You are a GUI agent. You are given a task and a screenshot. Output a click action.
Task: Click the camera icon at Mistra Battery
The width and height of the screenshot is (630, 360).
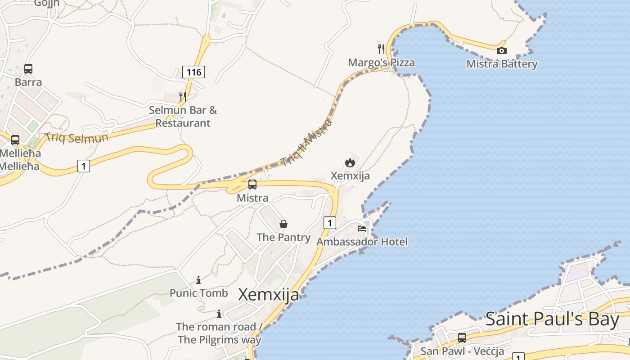[x=501, y=51]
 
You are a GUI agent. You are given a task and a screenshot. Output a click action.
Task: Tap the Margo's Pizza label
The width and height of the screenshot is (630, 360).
[x=381, y=63]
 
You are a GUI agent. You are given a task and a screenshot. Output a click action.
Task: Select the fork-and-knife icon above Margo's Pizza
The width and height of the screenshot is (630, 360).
[x=381, y=49]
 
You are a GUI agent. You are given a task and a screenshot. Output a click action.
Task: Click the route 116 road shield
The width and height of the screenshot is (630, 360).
[x=193, y=72]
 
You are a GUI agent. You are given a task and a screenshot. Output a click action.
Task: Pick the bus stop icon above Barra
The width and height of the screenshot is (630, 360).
[x=28, y=69]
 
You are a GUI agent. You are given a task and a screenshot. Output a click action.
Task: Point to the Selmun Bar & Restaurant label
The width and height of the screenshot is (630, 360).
[x=183, y=116]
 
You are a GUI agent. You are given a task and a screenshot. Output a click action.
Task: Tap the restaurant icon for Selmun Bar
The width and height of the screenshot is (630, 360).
[x=182, y=96]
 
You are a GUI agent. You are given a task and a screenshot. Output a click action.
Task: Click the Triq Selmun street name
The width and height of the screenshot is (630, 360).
[x=76, y=137]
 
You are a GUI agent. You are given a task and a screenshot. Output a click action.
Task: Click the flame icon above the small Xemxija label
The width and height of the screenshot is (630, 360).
[x=350, y=162]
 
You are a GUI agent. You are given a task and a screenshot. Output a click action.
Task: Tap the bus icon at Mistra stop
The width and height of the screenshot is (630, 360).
[x=252, y=184]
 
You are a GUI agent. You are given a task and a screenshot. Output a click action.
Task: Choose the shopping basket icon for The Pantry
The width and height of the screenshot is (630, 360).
[x=283, y=224]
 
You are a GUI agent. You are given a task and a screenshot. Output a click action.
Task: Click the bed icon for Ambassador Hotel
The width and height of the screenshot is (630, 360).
[x=362, y=229]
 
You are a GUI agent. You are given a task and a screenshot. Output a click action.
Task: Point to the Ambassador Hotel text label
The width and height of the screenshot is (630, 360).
[x=362, y=242]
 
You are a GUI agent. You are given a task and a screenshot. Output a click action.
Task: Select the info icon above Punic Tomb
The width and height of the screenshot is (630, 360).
[x=198, y=280]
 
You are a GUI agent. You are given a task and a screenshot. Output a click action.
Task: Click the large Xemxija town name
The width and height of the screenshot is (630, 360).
[x=269, y=294]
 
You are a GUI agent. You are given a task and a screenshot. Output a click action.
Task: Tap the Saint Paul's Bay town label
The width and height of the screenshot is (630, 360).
[x=553, y=319]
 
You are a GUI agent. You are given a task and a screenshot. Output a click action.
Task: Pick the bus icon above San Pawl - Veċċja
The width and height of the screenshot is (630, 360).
[x=462, y=338]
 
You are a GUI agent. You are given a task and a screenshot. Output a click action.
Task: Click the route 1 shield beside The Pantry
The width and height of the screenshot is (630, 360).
[x=330, y=222]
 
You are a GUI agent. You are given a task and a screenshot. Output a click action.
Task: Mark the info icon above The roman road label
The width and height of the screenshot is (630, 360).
[x=219, y=314]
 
